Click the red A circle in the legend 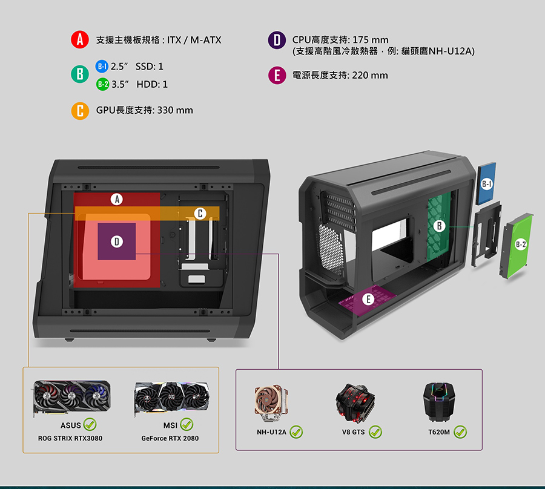[80, 39]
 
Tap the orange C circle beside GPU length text [80, 111]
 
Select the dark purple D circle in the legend [277, 40]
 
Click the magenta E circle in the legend [277, 76]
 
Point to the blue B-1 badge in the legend [102, 66]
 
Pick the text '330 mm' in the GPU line [175, 110]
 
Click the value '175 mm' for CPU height [370, 40]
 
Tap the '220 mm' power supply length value [370, 76]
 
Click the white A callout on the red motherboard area [117, 199]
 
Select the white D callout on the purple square [117, 241]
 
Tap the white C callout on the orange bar [200, 213]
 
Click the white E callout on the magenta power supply [368, 299]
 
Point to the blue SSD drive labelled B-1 [486, 183]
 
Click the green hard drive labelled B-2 [518, 246]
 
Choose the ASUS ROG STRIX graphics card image [72, 398]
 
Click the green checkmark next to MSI [187, 424]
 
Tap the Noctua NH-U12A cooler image [272, 403]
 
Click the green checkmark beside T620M [460, 432]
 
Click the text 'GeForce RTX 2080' [170, 438]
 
